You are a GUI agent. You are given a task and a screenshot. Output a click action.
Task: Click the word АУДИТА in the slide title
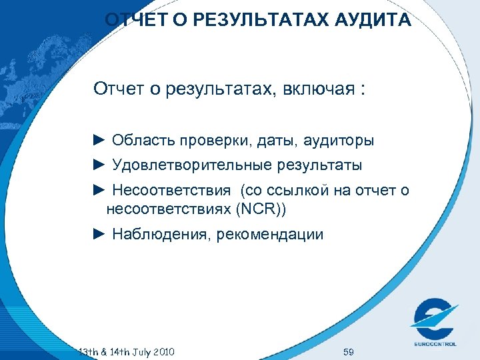tap(374, 21)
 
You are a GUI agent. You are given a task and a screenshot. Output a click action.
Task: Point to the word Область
tap(139, 141)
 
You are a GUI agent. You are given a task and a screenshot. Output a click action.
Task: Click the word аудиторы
tap(339, 141)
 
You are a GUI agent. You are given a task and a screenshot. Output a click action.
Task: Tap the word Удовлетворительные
tap(188, 164)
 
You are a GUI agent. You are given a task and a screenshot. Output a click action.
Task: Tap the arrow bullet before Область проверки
tap(99, 140)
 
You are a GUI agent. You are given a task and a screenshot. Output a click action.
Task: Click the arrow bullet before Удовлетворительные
tap(99, 163)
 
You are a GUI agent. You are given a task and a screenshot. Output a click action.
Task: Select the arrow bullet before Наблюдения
tap(99, 234)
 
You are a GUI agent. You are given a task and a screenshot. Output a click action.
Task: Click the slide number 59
tap(348, 351)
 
